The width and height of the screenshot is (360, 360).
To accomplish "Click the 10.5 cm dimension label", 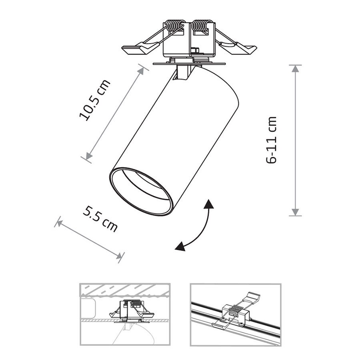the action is (x=94, y=100).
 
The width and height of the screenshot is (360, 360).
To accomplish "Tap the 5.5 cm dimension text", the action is (x=100, y=219).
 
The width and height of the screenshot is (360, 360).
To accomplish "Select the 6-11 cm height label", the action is (x=271, y=140).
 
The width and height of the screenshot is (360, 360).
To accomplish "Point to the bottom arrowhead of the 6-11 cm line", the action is (x=295, y=212).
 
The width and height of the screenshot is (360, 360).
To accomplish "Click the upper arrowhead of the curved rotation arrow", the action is (x=209, y=204).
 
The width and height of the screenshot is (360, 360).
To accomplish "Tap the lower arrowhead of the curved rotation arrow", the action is (x=180, y=246).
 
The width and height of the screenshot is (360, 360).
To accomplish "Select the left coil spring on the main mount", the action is (x=175, y=26).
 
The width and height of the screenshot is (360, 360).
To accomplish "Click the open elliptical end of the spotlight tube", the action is (x=140, y=192).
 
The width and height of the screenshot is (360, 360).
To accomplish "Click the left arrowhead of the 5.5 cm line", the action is (x=59, y=223).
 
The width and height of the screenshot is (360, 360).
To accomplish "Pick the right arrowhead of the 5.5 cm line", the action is (x=119, y=256).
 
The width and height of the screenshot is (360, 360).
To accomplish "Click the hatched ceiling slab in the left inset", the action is (x=125, y=291).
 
